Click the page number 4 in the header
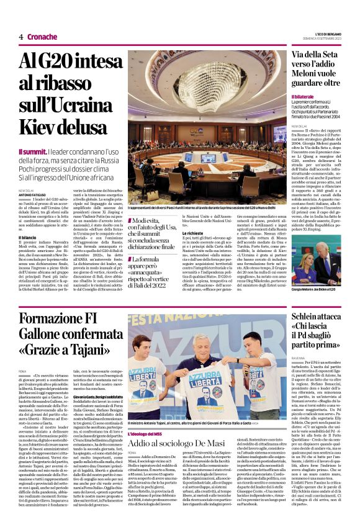20,37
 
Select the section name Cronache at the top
42,37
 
